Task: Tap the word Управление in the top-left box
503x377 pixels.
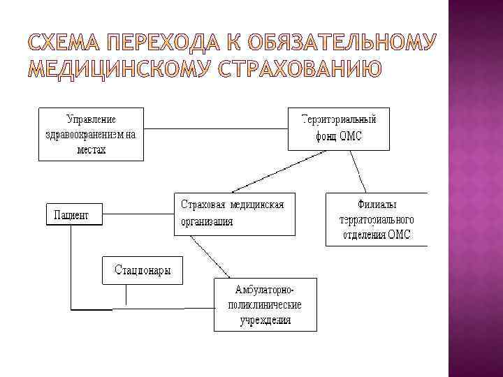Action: (92, 119)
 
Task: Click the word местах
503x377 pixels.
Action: (91, 150)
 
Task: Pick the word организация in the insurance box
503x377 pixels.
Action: (207, 222)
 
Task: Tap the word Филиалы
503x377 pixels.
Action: (377, 205)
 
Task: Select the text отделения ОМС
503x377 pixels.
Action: (377, 235)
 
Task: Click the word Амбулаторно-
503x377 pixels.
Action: (265, 290)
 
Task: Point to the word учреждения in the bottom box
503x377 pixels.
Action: (265, 320)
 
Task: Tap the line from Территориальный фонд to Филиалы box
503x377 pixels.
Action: (359, 171)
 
